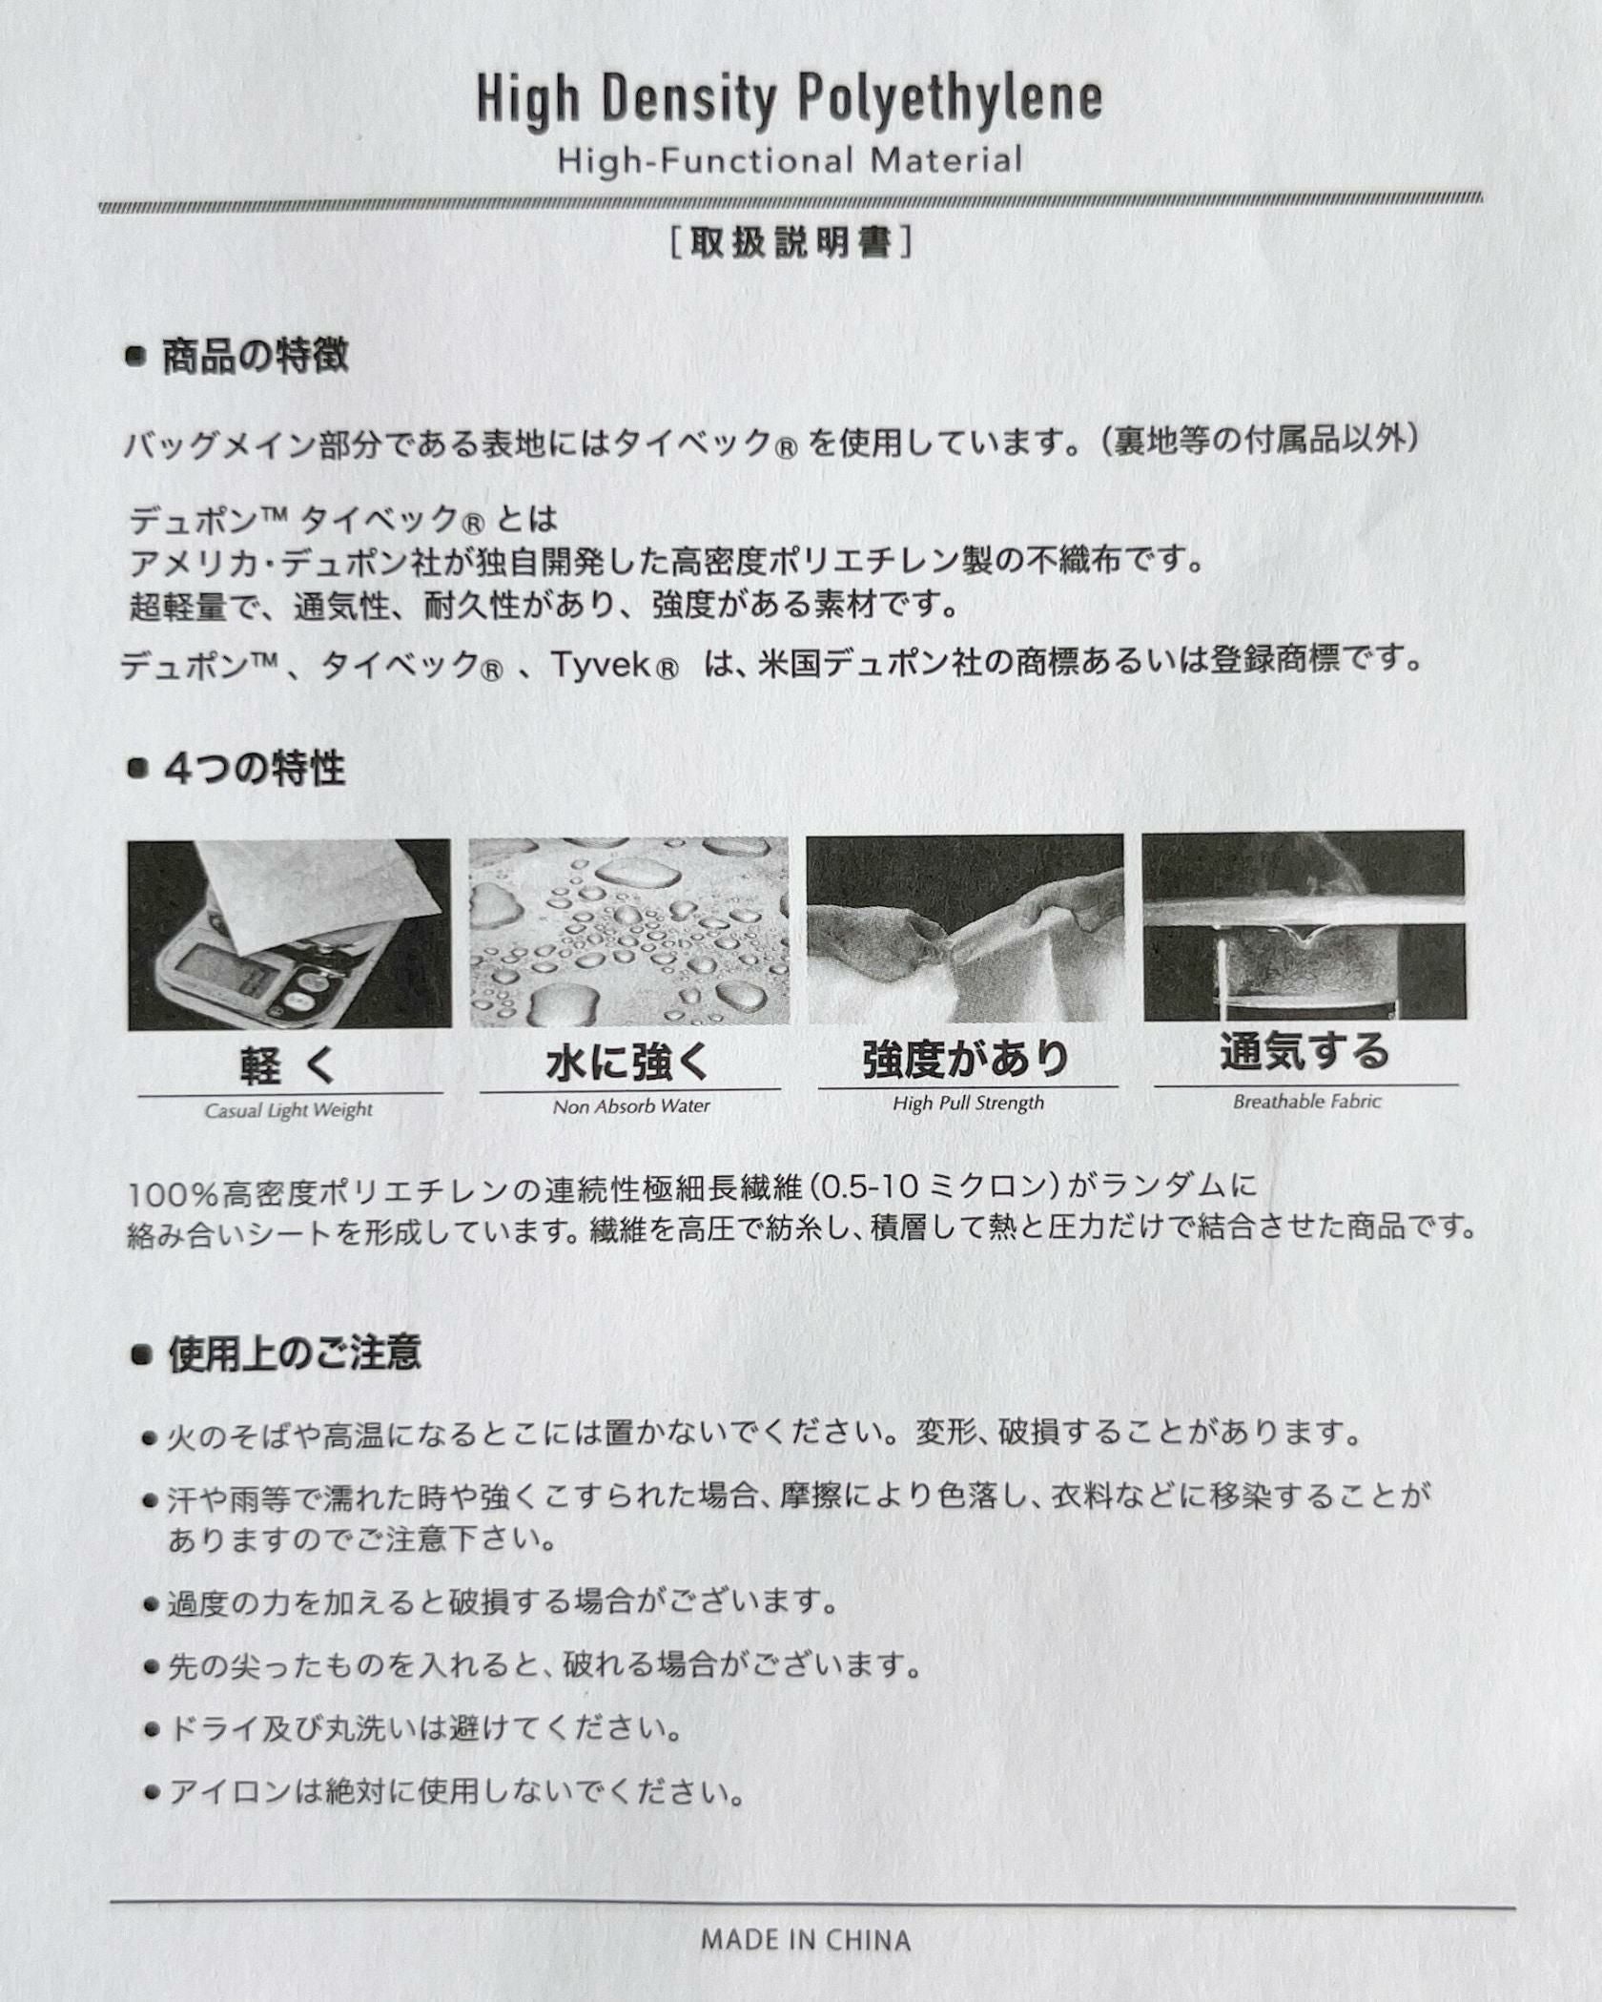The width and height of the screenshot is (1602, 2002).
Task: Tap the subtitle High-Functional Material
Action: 790,160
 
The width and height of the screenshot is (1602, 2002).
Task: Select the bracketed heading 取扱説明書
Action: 791,243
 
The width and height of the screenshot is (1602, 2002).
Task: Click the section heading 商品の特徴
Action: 255,356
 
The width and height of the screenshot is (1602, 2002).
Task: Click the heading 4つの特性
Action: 255,769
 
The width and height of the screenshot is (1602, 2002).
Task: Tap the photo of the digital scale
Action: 289,934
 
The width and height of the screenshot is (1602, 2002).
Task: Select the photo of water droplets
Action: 628,931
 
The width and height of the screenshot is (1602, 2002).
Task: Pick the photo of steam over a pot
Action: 1304,924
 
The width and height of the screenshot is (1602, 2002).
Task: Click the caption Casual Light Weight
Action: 288,1110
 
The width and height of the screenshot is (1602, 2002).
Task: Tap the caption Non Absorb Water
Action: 631,1106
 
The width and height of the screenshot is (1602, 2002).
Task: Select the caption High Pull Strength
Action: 968,1104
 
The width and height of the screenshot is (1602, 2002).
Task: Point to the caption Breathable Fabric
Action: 1306,1102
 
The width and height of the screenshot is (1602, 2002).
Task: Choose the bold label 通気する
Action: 1304,1052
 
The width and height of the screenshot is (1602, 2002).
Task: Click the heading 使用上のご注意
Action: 294,1353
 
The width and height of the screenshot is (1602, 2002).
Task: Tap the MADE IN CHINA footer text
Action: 806,1940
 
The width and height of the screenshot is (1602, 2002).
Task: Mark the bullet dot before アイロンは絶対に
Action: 150,1794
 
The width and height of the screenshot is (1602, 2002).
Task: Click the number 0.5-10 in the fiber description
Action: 869,1187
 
